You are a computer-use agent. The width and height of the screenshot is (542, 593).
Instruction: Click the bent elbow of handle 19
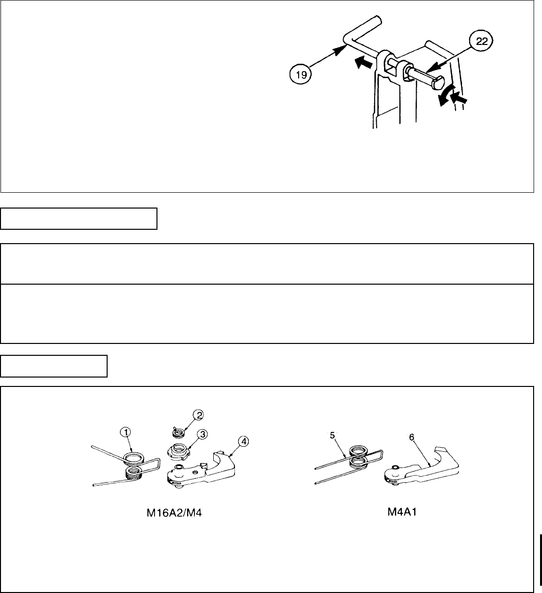(x=346, y=40)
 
